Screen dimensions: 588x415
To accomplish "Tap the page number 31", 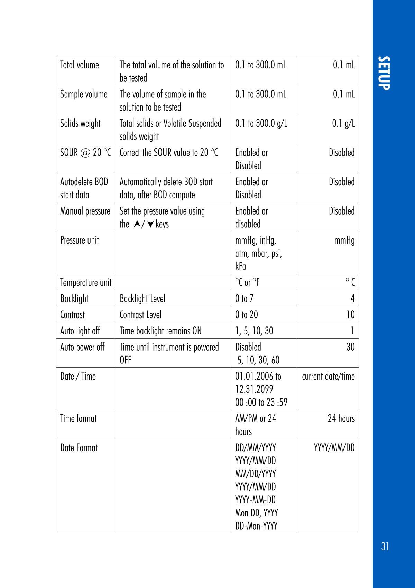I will (385, 546).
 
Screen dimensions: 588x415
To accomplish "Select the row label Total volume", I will (80, 65).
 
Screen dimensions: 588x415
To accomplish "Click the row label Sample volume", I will (84, 94).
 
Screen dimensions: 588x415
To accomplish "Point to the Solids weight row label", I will (80, 123).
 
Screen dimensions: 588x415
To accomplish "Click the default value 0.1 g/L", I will (343, 123).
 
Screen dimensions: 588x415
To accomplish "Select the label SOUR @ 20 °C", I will (85, 153).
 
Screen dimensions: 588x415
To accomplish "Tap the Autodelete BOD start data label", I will (84, 188).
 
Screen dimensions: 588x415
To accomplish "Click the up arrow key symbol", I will (137, 224).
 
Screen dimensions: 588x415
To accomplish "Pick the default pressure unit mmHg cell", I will (344, 240).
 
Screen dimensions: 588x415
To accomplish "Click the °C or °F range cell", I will (247, 283).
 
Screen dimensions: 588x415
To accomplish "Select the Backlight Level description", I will (142, 298).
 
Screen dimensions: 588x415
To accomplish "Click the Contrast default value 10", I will (350, 315).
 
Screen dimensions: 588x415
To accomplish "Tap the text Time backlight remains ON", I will (160, 331).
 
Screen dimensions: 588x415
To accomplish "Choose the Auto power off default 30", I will (350, 347).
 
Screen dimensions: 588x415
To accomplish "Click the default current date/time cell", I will (328, 376).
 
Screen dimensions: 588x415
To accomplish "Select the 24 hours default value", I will (341, 419).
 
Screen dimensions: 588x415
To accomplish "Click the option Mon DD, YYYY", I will (256, 513).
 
